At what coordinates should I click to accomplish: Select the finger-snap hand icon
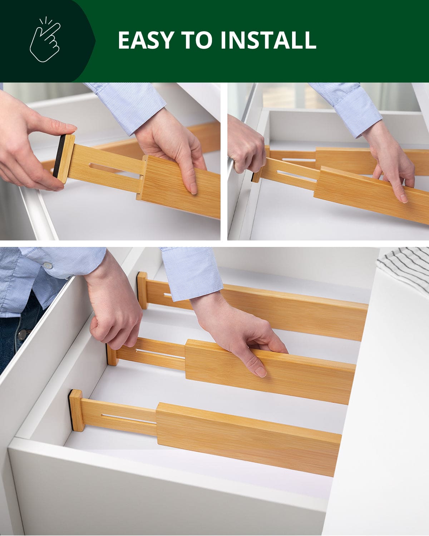click(x=45, y=40)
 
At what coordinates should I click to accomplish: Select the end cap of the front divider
click(x=76, y=410)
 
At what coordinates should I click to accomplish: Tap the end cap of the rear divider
click(x=142, y=290)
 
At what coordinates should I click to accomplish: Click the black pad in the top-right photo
click(x=255, y=177)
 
